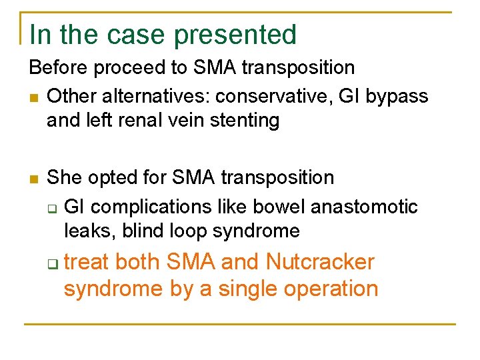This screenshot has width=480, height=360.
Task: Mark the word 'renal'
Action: click(145, 121)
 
